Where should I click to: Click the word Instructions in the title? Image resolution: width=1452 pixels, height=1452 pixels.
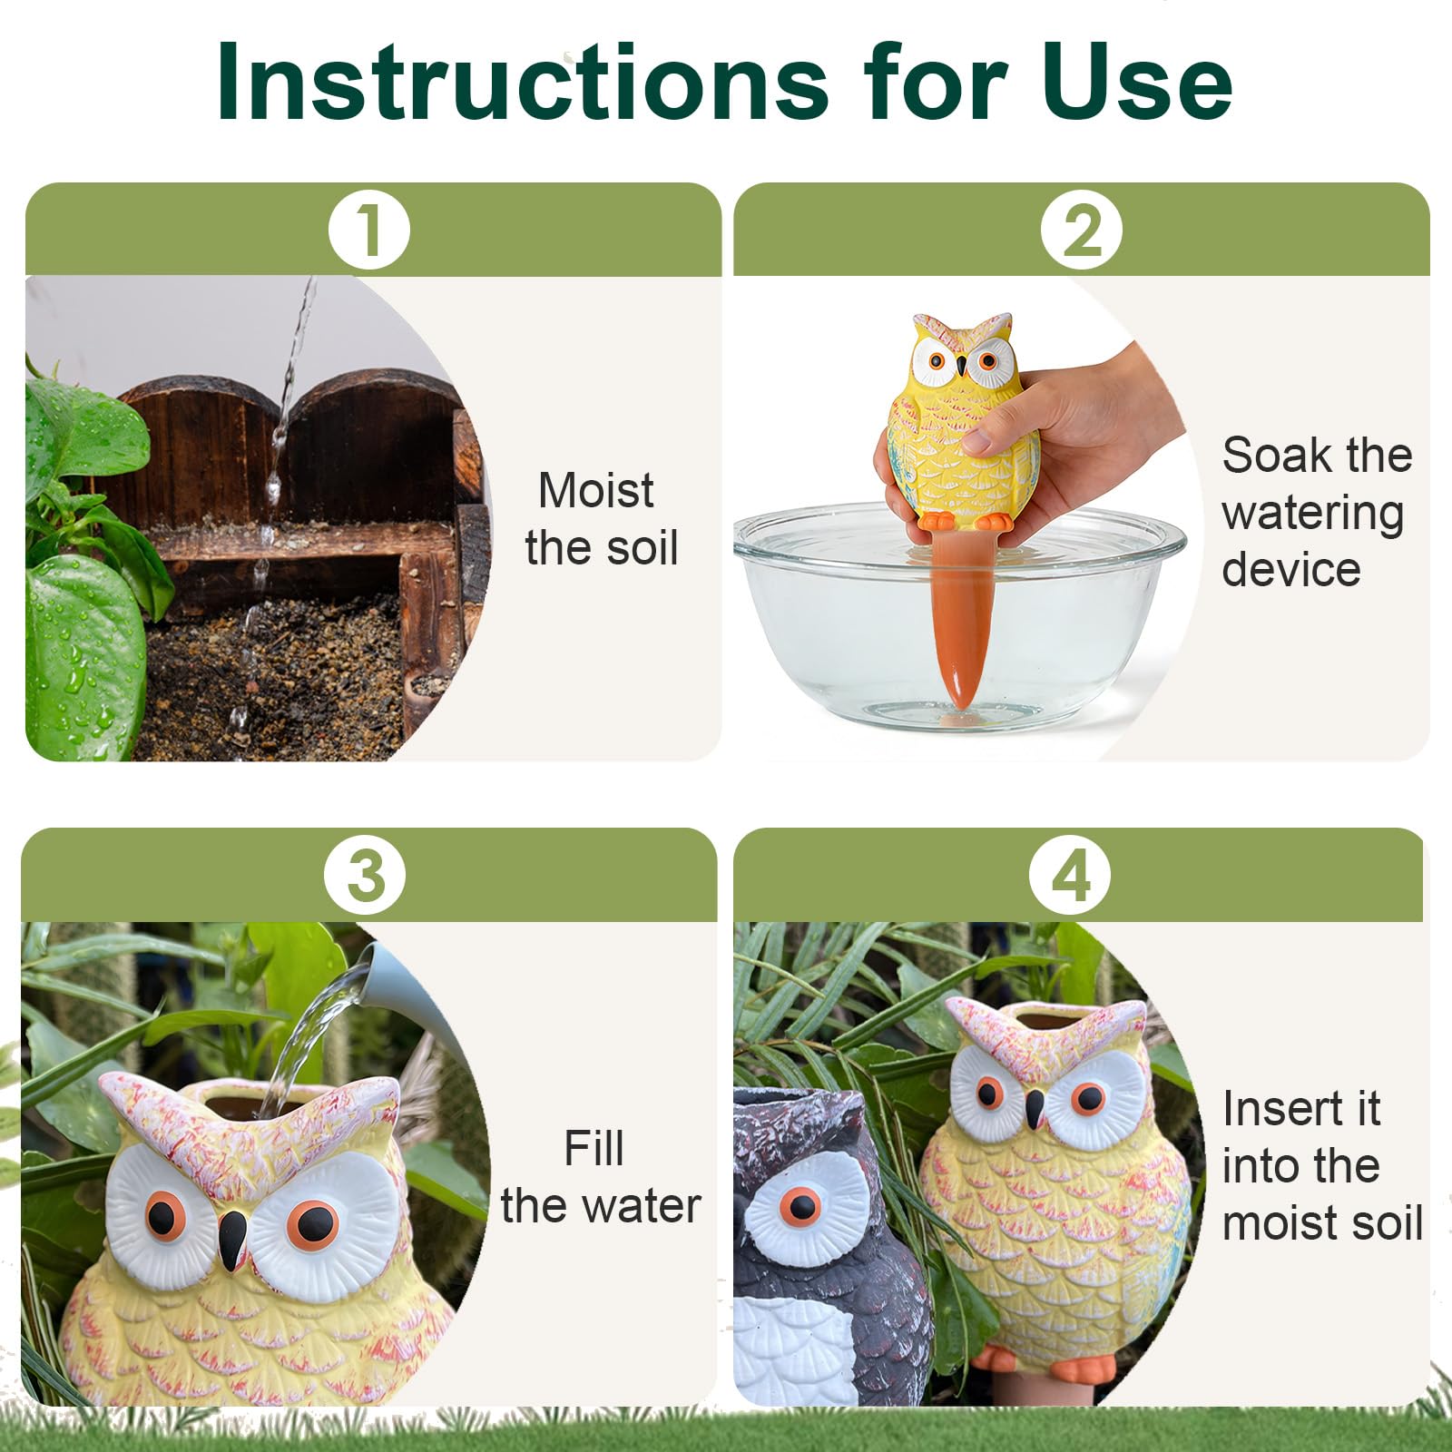coord(522,82)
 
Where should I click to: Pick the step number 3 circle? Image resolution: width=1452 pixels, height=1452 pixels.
coord(365,876)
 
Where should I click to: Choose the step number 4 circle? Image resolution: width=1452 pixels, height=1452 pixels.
coord(1070,876)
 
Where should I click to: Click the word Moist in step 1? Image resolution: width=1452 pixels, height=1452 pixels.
coord(595,491)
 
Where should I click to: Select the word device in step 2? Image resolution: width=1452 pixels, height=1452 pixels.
coord(1290,569)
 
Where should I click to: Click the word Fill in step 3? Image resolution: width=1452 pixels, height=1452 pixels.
coord(594,1148)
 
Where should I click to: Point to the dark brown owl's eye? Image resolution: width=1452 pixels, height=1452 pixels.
coord(802,1206)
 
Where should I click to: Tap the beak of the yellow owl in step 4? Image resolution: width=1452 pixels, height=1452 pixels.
coord(1035,1109)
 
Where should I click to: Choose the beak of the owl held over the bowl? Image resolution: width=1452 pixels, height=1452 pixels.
coord(962,366)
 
